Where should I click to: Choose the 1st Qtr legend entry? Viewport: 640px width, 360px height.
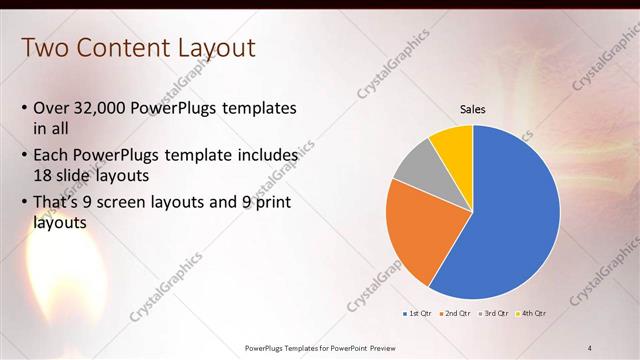pyautogui.click(x=416, y=314)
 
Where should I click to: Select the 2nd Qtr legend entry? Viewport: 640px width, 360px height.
pyautogui.click(x=456, y=314)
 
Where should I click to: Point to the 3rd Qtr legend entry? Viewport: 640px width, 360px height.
pyautogui.click(x=495, y=314)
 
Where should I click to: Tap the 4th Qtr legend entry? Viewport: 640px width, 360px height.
pyautogui.click(x=533, y=314)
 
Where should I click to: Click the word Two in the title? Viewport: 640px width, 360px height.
pyautogui.click(x=44, y=47)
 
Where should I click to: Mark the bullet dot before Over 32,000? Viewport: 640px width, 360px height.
pyautogui.click(x=25, y=109)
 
